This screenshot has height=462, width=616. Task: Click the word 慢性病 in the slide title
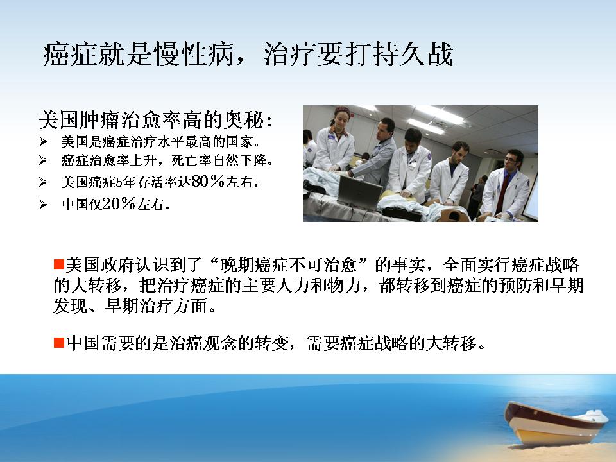coord(195,53)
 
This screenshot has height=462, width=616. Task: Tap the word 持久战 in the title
coord(413,53)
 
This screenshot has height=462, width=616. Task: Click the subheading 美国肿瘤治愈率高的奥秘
coord(151,120)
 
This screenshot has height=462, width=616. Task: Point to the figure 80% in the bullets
coord(208,181)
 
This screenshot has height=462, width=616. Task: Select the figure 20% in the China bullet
coord(119,203)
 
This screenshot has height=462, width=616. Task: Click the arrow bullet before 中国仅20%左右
coord(43,204)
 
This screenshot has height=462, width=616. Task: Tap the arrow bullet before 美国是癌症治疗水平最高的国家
coord(43,142)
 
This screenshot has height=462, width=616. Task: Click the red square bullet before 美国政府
coord(59,264)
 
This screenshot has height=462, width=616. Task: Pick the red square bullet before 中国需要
coord(59,343)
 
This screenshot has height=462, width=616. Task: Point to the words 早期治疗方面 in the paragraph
coord(157,306)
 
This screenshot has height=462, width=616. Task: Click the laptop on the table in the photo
coord(359,192)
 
